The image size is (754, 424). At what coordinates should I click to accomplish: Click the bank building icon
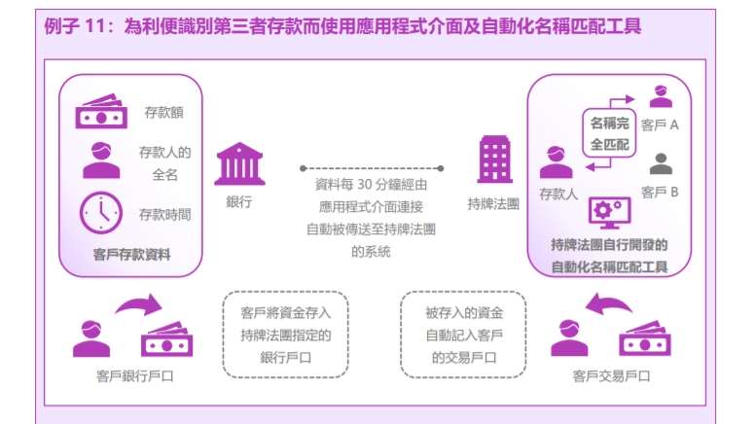239,163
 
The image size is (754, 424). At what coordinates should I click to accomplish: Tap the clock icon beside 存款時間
101,213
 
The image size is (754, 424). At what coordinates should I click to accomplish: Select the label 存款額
164,113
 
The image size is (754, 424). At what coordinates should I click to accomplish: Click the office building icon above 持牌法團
494,159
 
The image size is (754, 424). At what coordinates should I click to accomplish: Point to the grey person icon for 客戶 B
661,164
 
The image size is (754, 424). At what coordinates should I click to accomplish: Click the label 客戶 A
660,125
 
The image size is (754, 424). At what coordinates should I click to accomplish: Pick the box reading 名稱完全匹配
609,133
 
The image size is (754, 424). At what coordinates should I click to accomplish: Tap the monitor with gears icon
609,212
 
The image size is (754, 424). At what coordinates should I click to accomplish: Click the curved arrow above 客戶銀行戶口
140,304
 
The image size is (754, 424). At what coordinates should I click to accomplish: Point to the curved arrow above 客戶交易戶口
608,304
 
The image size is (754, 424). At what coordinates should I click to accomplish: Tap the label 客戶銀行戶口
134,376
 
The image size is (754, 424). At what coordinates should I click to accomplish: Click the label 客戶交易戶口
611,376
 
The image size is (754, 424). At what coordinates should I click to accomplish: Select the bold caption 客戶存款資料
131,255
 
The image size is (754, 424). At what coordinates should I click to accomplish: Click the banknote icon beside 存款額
101,111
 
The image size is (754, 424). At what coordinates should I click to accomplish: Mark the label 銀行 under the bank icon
239,202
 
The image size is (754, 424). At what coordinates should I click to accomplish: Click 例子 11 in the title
75,26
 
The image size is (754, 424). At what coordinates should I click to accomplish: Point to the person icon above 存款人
556,162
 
